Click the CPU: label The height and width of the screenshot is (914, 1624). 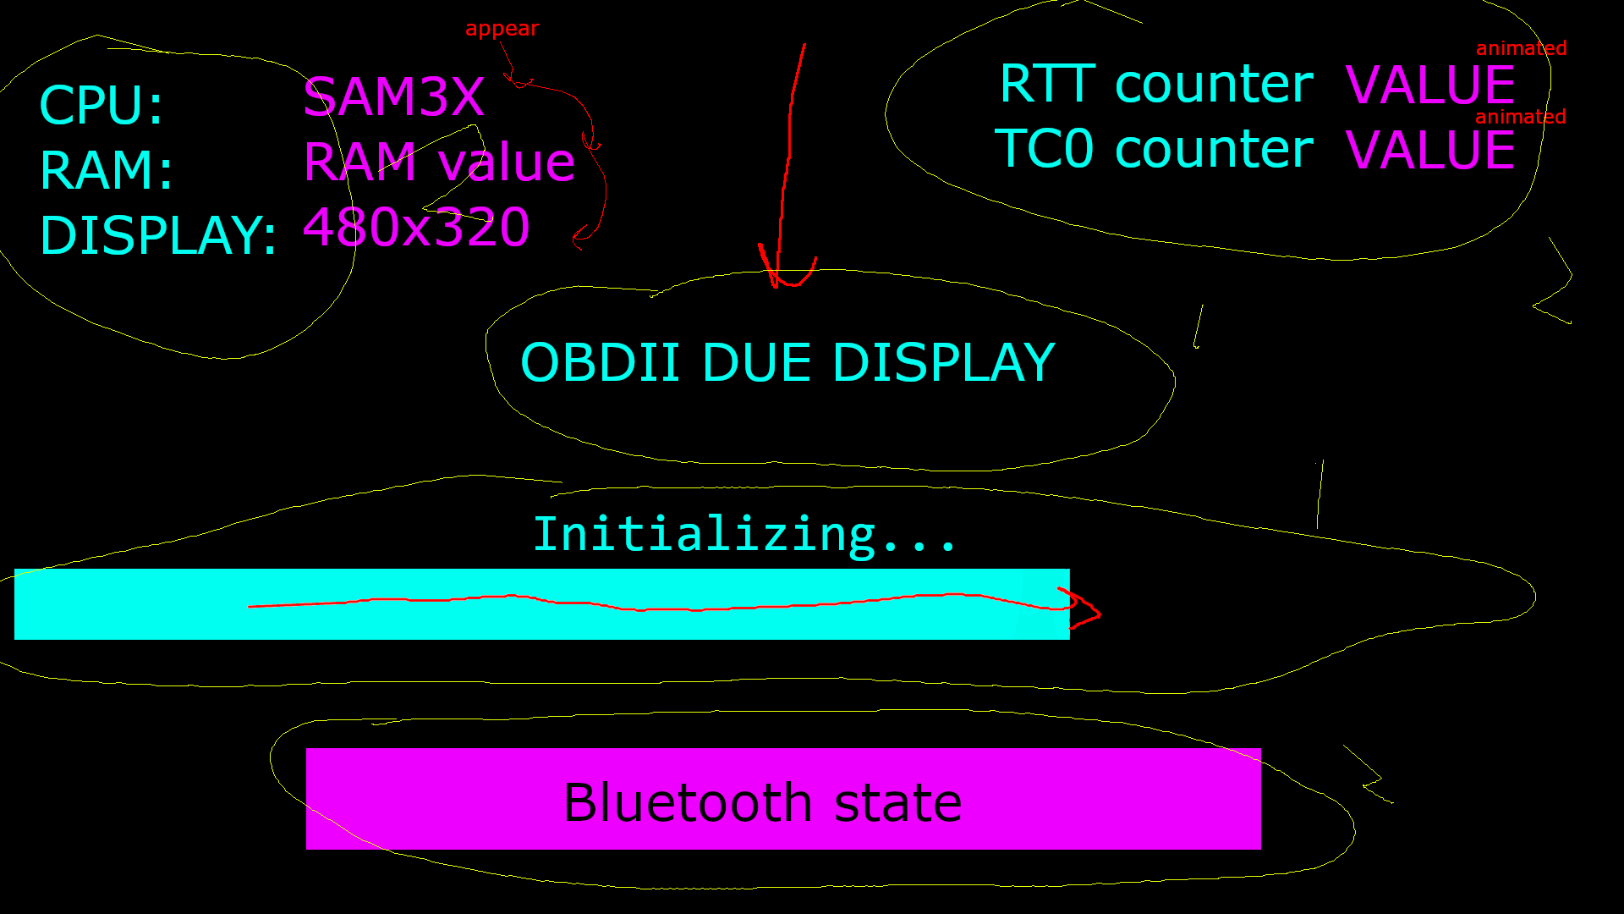click(x=101, y=106)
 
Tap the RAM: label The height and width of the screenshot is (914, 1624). click(x=106, y=170)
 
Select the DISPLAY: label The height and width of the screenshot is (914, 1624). click(x=158, y=235)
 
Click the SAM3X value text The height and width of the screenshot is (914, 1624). click(x=393, y=97)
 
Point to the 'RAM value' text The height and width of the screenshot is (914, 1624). click(x=439, y=162)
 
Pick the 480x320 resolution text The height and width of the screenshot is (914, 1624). click(x=416, y=227)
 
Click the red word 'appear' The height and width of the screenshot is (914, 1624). click(x=502, y=29)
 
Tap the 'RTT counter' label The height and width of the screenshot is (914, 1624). click(x=1155, y=85)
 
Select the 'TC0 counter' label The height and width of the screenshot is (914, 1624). click(x=1154, y=150)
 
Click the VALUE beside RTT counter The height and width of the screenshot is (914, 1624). click(x=1429, y=85)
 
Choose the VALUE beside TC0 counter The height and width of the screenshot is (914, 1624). click(x=1429, y=150)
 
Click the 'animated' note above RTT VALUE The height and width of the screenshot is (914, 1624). click(x=1521, y=48)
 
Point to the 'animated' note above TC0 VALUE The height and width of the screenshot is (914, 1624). click(x=1520, y=117)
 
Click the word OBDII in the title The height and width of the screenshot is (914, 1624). click(x=600, y=363)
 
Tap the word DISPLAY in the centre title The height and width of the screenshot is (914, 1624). click(x=943, y=363)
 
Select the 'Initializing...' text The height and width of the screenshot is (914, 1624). click(x=744, y=535)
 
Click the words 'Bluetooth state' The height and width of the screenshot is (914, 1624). click(x=762, y=802)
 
